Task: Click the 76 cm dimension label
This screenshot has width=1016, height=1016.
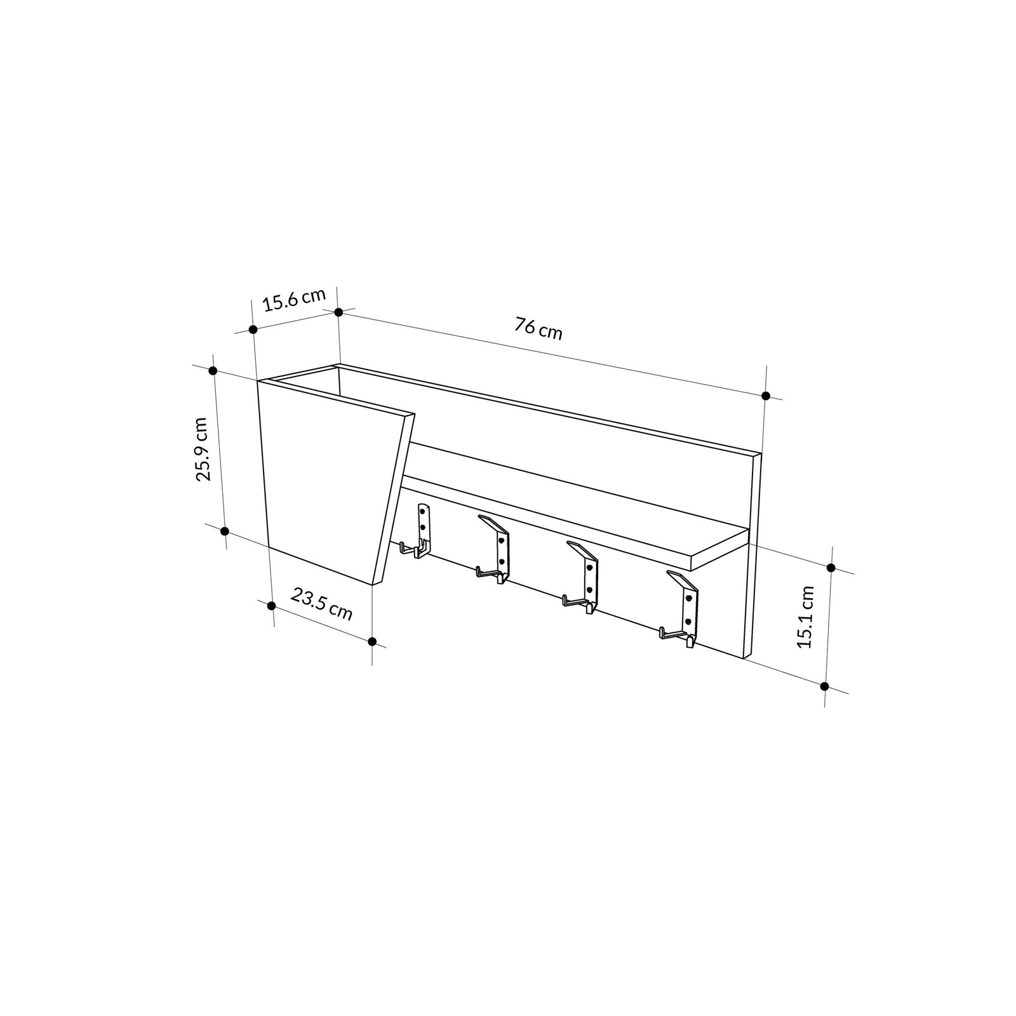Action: (538, 329)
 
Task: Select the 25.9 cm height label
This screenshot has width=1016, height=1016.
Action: (202, 449)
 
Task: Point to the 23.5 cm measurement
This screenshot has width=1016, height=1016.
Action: (321, 604)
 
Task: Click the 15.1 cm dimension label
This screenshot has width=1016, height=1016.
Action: (806, 616)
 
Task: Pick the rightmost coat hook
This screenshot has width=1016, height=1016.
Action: (680, 610)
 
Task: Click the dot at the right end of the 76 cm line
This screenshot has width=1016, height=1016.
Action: (766, 396)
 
